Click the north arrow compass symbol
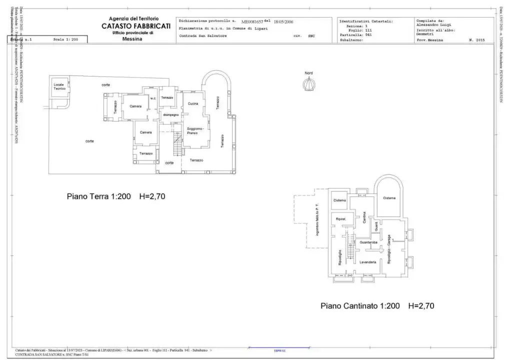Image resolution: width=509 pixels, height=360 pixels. pyautogui.click(x=309, y=84)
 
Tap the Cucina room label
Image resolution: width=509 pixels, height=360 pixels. pyautogui.click(x=193, y=103)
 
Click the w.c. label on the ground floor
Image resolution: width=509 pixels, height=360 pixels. pyautogui.click(x=153, y=98)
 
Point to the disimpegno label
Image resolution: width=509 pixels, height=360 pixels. pyautogui.click(x=170, y=115)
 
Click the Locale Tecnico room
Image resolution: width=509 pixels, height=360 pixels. pyautogui.click(x=59, y=87)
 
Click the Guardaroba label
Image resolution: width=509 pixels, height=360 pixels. pyautogui.click(x=368, y=242)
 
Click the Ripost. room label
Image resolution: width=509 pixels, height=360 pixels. pyautogui.click(x=341, y=219)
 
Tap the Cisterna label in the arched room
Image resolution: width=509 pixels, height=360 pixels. pyautogui.click(x=389, y=198)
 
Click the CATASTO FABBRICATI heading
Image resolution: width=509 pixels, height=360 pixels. pyautogui.click(x=136, y=26)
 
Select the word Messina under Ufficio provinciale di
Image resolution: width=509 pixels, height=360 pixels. pyautogui.click(x=132, y=38)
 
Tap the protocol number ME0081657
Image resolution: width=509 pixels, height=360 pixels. pyautogui.click(x=252, y=22)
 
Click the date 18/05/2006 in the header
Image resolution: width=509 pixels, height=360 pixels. pyautogui.click(x=284, y=22)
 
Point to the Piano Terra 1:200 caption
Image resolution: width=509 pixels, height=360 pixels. pyautogui.click(x=99, y=196)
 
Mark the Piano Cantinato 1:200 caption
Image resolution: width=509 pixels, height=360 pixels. pyautogui.click(x=360, y=305)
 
